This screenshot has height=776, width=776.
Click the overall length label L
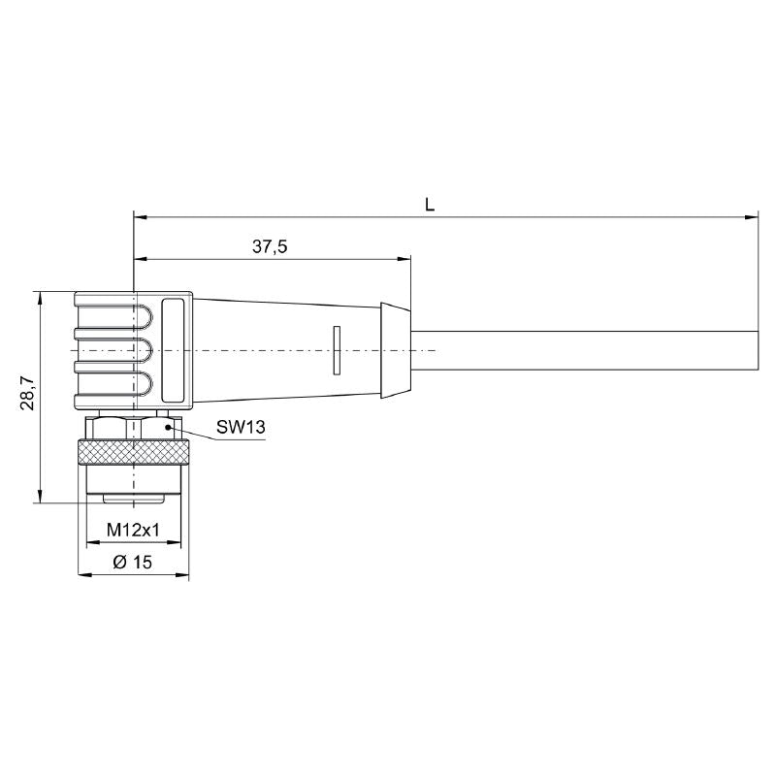[429, 204]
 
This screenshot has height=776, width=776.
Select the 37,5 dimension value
[270, 247]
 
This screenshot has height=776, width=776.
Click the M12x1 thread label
[133, 530]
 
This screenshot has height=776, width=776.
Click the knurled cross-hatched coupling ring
[133, 452]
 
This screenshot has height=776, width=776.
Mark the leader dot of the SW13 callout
[168, 426]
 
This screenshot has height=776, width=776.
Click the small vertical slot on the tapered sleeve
[337, 349]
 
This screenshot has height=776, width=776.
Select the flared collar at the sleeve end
[394, 349]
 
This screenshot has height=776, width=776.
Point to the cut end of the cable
[756, 349]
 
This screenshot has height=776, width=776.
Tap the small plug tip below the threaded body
[133, 499]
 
